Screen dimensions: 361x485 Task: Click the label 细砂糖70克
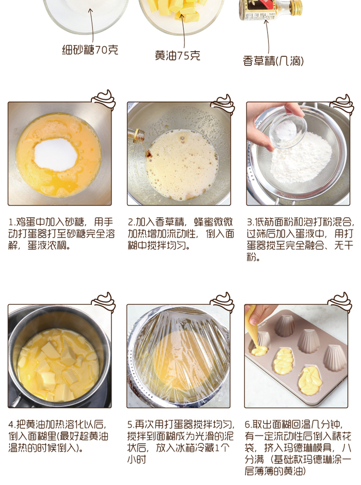(x=90, y=50)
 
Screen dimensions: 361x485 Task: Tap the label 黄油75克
(x=178, y=55)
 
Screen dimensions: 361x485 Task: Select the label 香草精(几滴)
(x=273, y=61)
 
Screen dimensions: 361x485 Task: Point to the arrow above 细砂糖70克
(x=91, y=26)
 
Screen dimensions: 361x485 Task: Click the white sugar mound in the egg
(x=55, y=154)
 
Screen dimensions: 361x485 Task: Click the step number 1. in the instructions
(x=12, y=222)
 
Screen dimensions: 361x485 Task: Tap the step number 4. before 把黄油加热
(x=12, y=424)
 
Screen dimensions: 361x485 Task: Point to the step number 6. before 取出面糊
(x=248, y=424)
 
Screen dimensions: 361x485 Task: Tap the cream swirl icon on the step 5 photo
(x=223, y=301)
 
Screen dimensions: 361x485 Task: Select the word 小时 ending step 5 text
(x=137, y=460)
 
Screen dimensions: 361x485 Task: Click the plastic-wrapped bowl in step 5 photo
(x=179, y=356)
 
